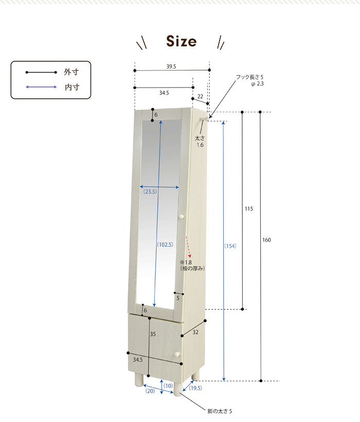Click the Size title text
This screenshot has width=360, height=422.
click(181, 41)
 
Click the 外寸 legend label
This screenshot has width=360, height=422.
click(71, 72)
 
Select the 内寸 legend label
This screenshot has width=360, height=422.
click(72, 87)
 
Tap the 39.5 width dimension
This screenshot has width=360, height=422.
click(171, 66)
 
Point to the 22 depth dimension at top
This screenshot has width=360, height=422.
click(200, 96)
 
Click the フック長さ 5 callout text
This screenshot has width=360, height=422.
click(249, 77)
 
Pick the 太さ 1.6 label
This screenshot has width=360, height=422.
click(200, 142)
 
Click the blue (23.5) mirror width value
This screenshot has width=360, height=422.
click(150, 191)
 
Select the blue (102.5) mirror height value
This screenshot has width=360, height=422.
click(165, 244)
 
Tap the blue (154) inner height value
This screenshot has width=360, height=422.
click(230, 245)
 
